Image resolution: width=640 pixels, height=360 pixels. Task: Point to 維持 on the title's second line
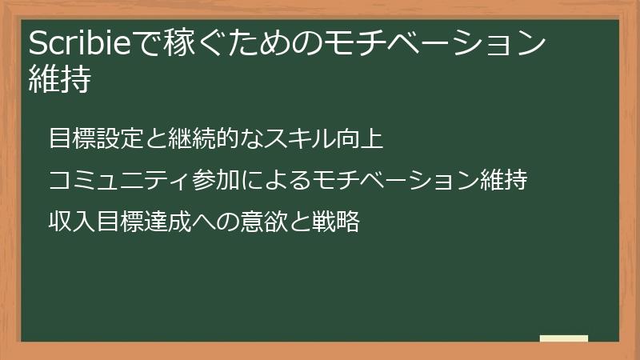(x=58, y=81)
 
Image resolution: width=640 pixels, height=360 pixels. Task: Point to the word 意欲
(x=263, y=221)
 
